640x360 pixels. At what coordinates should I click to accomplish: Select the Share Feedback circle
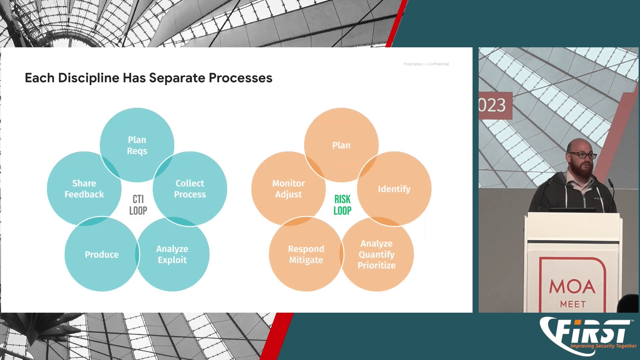pos(84,189)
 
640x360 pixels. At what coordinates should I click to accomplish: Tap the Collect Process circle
pos(190,189)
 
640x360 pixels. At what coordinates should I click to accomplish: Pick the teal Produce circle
pos(102,254)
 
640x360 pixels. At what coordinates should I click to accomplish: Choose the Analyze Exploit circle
pos(172,254)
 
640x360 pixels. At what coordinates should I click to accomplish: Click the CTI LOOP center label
pos(138,205)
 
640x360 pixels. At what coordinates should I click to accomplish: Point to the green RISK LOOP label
pos(342,205)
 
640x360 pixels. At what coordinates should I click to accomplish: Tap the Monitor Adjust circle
pos(288,189)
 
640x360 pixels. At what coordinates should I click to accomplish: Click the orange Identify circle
pos(394,189)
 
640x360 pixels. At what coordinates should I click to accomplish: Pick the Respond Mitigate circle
pos(306,254)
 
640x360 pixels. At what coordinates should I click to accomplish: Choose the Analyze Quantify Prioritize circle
pos(377,254)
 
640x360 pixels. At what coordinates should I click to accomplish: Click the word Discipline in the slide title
pos(88,78)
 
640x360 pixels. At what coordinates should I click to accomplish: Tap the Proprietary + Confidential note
pos(426,64)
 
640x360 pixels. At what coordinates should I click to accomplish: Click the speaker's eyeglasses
pos(583,155)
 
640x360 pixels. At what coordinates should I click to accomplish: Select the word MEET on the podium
pos(573,304)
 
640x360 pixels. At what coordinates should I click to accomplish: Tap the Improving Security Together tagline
pos(603,346)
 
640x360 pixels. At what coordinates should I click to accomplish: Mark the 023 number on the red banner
pos(493,105)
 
